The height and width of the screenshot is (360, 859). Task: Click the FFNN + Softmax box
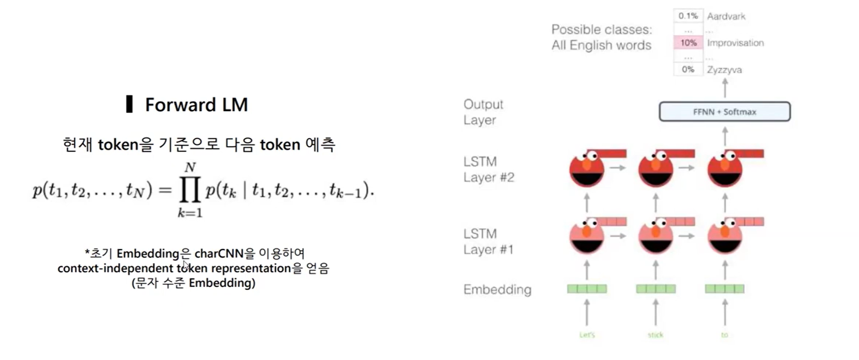tap(724, 112)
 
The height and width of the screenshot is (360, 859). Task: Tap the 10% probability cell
tap(688, 43)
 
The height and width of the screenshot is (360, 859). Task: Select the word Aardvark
tap(726, 17)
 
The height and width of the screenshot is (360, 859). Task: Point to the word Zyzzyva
tap(724, 70)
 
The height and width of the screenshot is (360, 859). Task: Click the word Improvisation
tap(735, 43)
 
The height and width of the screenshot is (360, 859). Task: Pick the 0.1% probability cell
tap(688, 16)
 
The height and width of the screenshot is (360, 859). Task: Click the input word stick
tap(656, 335)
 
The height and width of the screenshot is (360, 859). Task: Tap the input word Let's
tap(587, 335)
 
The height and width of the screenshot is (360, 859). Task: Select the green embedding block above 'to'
tap(724, 289)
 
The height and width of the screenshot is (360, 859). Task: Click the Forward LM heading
tap(196, 105)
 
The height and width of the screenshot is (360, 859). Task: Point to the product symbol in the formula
tap(190, 190)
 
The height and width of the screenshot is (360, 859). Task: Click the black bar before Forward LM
tap(129, 104)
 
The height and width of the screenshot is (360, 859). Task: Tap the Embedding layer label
tap(497, 290)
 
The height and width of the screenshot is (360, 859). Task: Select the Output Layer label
tap(483, 112)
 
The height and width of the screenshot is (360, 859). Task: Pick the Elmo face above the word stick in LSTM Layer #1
tap(656, 237)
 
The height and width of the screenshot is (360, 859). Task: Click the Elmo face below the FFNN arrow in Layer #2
tap(725, 169)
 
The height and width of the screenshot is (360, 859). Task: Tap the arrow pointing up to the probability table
tap(725, 88)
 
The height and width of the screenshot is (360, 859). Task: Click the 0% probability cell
tap(688, 69)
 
